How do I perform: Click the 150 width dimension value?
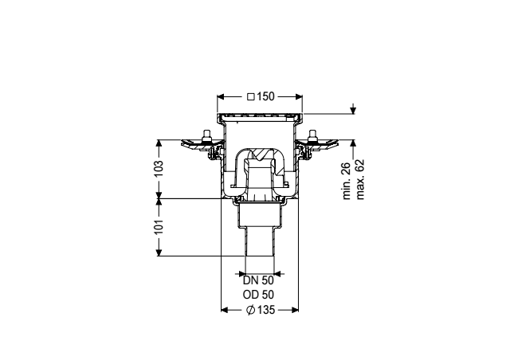(265, 96)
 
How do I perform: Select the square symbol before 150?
(250, 96)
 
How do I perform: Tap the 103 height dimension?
(159, 169)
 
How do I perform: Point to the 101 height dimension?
(159, 227)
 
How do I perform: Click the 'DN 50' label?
(257, 280)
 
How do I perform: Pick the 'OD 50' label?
(257, 294)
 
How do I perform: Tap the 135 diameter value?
(265, 309)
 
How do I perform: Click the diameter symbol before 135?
(250, 309)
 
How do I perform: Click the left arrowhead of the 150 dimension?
(221, 96)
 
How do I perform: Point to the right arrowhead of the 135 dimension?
(296, 309)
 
